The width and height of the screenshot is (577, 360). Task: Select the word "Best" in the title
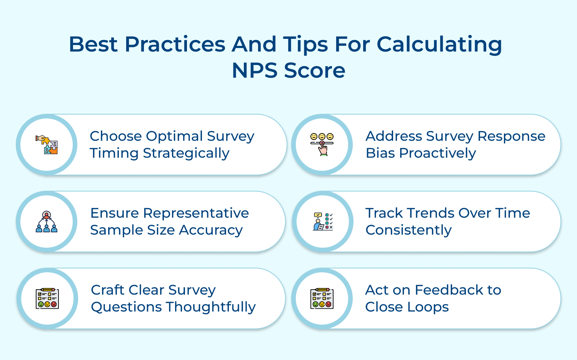[93, 44]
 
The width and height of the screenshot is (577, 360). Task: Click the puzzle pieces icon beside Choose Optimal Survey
[47, 145]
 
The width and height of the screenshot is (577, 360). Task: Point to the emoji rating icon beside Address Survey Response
[322, 144]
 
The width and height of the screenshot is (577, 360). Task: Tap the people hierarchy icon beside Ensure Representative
[47, 222]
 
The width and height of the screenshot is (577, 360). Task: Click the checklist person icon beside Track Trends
[323, 222]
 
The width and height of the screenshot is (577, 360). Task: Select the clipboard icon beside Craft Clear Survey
[47, 298]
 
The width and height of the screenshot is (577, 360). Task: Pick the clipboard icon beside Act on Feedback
[322, 298]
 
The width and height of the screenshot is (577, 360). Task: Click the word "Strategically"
[186, 153]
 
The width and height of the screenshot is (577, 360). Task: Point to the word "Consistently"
[409, 230]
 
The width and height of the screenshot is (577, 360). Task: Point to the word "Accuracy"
[211, 230]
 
